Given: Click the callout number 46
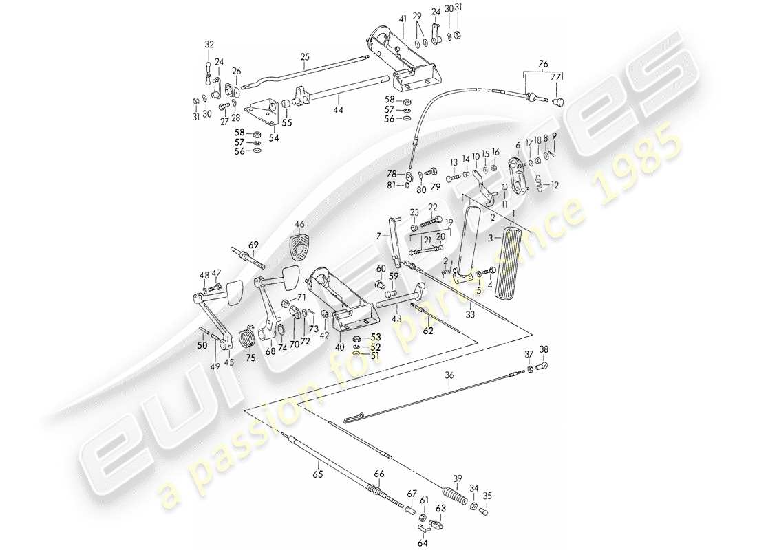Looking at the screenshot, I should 299,224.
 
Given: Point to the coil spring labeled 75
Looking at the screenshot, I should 247,338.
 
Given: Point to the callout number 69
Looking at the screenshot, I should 253,244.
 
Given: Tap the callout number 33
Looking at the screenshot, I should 471,314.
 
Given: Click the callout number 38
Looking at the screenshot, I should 544,349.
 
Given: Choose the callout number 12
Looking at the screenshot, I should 555,184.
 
